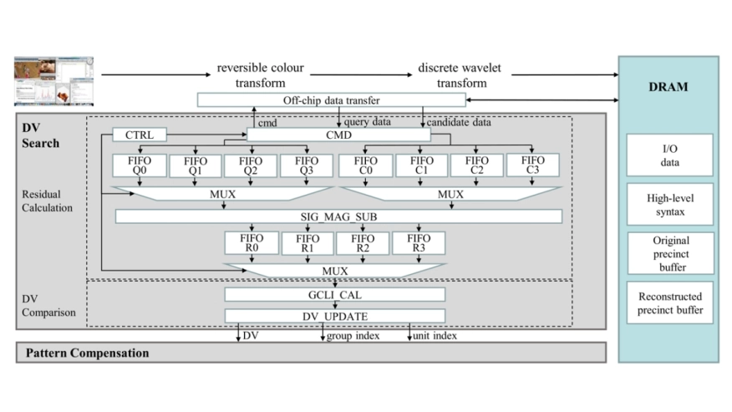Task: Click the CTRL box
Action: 139,135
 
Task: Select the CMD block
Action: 338,135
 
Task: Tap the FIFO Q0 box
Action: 140,165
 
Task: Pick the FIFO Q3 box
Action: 307,165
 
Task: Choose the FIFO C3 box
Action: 532,165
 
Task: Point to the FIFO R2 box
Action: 363,243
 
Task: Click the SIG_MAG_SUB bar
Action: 338,216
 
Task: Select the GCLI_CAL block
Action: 334,294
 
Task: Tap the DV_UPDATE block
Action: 334,316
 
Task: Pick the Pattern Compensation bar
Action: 311,353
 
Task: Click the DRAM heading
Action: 668,87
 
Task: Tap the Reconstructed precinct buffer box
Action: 669,303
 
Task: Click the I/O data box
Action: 669,155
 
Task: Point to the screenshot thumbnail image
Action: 54,82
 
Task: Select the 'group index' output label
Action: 352,336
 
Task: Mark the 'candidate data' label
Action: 459,122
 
